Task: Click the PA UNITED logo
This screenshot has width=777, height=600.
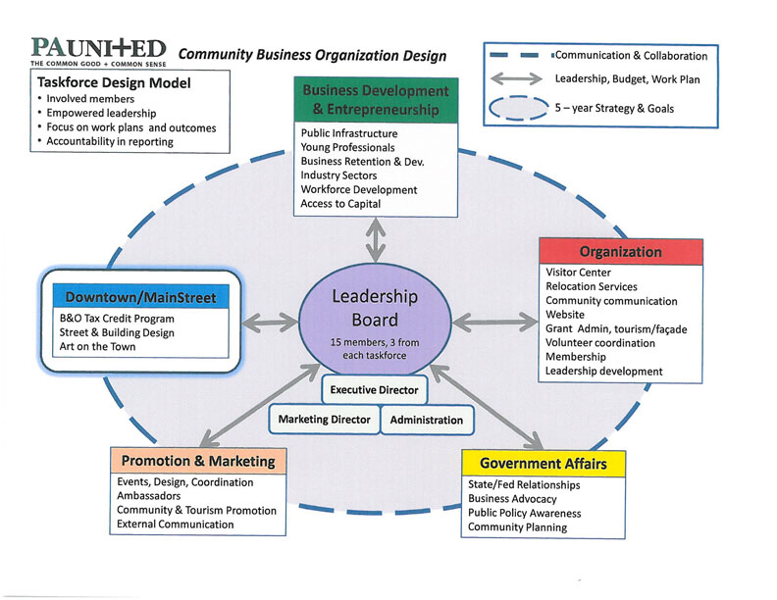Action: pos(98,49)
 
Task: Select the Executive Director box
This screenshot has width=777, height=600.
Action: pos(374,390)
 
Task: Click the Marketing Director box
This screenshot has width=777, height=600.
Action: pos(325,420)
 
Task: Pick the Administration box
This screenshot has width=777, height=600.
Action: pos(426,420)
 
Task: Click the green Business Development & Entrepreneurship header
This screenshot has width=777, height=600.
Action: pos(376,100)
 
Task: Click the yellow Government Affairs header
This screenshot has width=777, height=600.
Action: pos(543,463)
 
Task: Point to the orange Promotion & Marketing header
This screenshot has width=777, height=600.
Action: pos(197,460)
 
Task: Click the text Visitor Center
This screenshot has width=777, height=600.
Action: pos(578,273)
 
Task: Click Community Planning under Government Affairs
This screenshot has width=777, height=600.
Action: pos(517,527)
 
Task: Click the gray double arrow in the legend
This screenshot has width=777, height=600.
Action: pos(520,77)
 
